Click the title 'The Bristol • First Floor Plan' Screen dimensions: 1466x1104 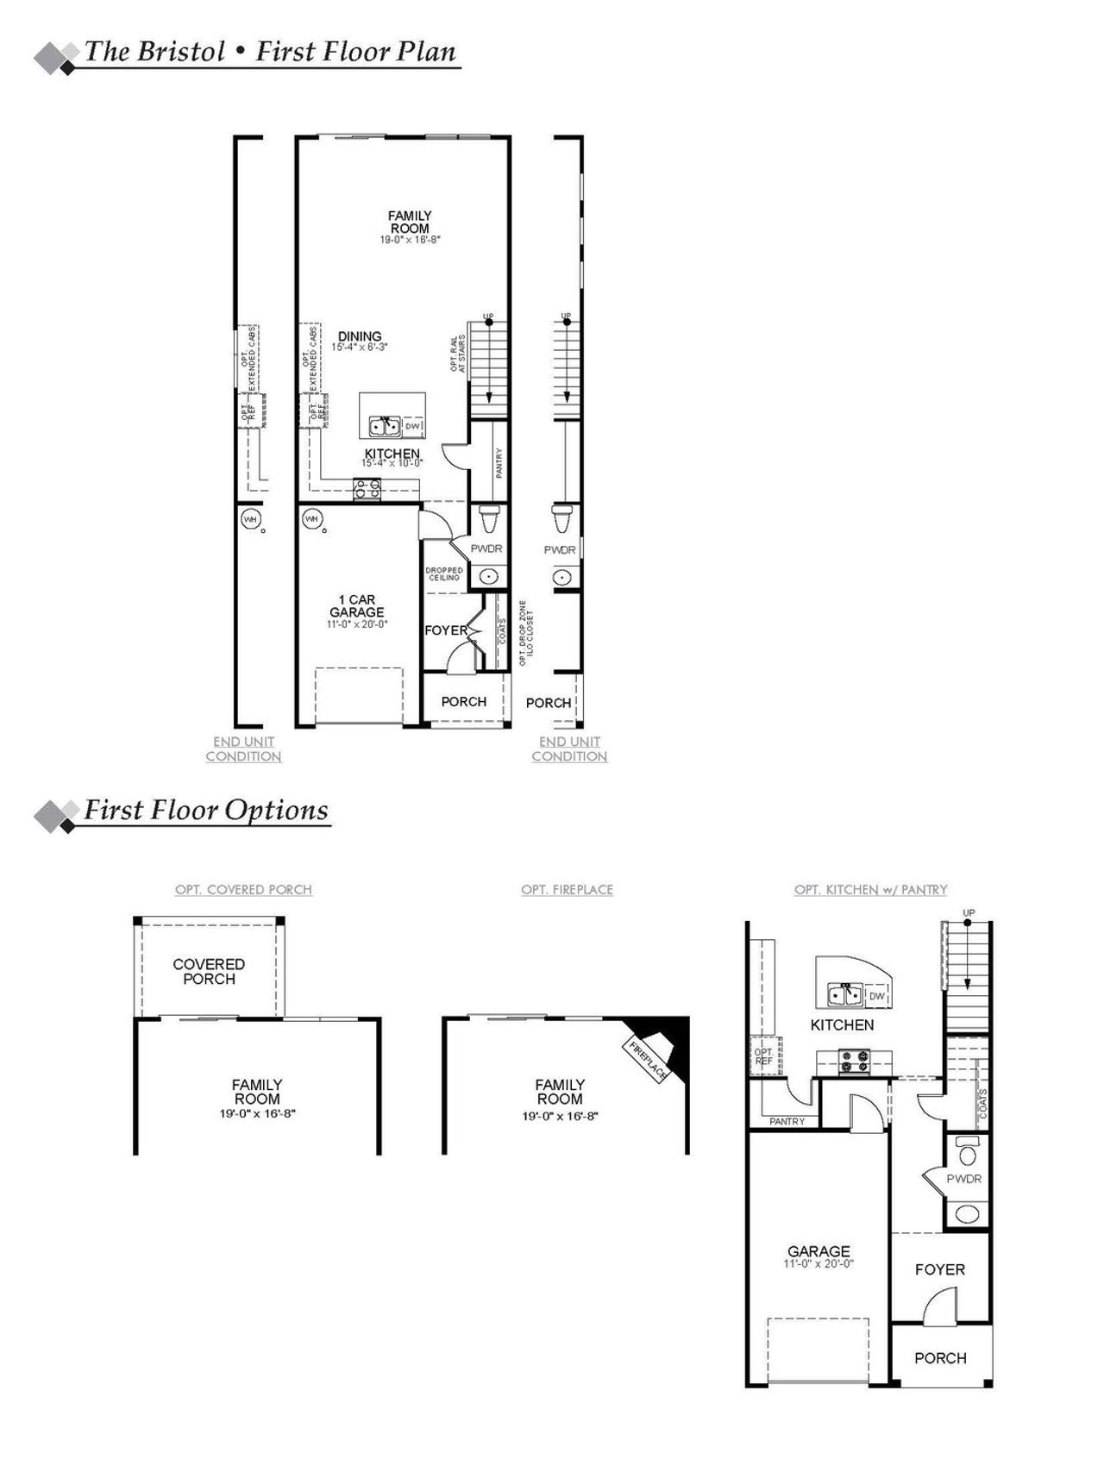pyautogui.click(x=270, y=52)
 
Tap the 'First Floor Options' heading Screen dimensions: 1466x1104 pyautogui.click(x=205, y=810)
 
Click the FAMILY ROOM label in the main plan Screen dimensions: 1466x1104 pyautogui.click(x=410, y=222)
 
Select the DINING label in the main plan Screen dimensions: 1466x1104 pyautogui.click(x=360, y=337)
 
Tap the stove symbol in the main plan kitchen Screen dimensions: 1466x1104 pyautogui.click(x=367, y=490)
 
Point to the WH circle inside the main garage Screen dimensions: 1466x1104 pyautogui.click(x=312, y=519)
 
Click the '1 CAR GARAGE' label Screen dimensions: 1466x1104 pyautogui.click(x=357, y=605)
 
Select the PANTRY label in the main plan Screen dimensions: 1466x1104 pyautogui.click(x=499, y=463)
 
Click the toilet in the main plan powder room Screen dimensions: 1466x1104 pyautogui.click(x=489, y=520)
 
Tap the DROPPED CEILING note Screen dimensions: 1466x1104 pyautogui.click(x=444, y=573)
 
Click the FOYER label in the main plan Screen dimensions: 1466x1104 pyautogui.click(x=445, y=630)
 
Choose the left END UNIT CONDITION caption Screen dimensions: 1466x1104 pyautogui.click(x=243, y=749)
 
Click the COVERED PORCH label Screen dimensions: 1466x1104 pyautogui.click(x=209, y=971)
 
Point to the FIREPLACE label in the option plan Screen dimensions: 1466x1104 pyautogui.click(x=648, y=1062)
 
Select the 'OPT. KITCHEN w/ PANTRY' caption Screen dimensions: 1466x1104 pyautogui.click(x=870, y=889)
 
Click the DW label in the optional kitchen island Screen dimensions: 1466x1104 pyautogui.click(x=877, y=996)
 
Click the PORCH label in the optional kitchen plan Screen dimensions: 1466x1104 pyautogui.click(x=940, y=1357)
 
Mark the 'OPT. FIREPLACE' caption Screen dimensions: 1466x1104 pyautogui.click(x=567, y=889)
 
